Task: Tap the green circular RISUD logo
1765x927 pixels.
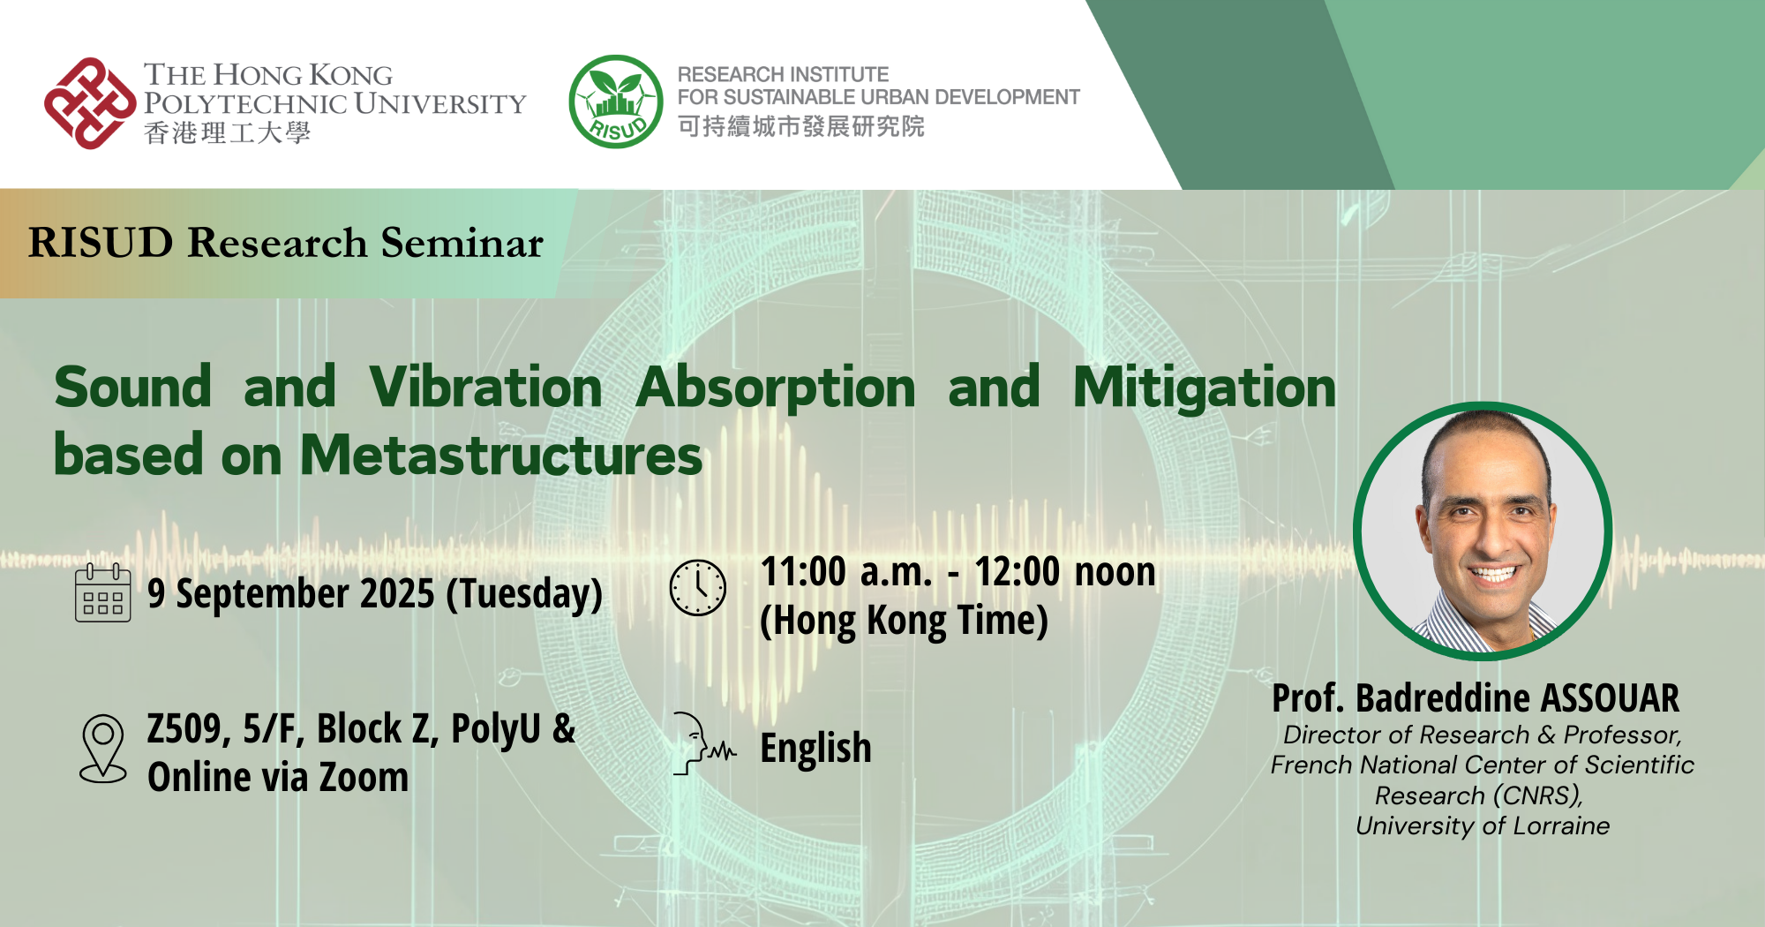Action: [x=615, y=102]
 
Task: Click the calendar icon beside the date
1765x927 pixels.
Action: [x=103, y=593]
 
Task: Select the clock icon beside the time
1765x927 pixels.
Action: [x=698, y=587]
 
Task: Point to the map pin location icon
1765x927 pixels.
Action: [x=103, y=749]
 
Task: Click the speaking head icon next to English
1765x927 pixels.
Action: [x=702, y=743]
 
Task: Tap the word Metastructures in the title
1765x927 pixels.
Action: [x=501, y=456]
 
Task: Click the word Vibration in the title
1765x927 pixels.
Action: [x=485, y=388]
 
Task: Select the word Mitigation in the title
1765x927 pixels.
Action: [x=1204, y=388]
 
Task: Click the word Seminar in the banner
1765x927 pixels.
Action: [x=462, y=243]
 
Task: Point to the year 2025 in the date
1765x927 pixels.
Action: [x=396, y=593]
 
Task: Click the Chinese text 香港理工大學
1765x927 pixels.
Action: [x=227, y=133]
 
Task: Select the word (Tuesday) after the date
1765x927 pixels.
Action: [x=524, y=593]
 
